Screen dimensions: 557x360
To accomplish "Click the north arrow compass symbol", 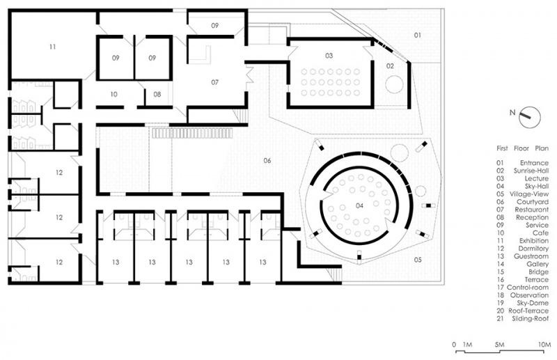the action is pos(530,117).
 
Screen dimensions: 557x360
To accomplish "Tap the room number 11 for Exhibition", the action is pos(53,47).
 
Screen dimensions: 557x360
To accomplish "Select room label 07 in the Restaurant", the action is pos(214,82).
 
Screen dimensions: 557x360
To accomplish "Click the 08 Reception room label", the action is pos(157,94).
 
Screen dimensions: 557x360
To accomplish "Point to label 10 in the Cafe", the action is pos(113,94).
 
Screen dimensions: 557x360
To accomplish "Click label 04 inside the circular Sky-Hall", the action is pos(359,206).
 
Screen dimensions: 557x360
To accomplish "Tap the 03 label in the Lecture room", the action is pos(329,56).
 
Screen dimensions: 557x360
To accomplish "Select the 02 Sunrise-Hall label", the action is pos(390,65).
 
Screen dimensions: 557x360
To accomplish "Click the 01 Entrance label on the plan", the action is pos(418,35).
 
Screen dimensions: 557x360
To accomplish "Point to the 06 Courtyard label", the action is pos(267,161).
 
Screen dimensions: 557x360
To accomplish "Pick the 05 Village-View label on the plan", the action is pos(418,260).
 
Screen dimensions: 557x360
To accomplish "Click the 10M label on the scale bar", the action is pos(544,345).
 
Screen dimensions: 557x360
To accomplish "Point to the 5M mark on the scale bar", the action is pos(499,345).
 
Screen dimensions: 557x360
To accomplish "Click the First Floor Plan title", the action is pos(523,148).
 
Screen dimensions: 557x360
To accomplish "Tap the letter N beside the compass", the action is pos(512,113).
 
